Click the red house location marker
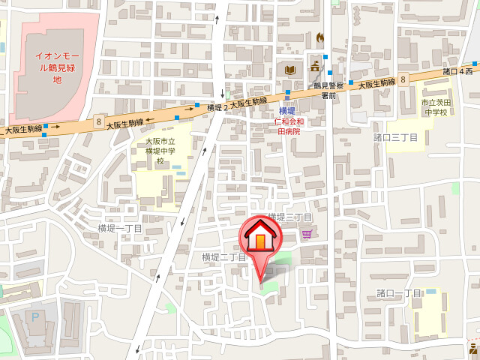259,239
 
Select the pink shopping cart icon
307,235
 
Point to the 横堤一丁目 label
120,228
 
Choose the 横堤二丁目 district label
223,257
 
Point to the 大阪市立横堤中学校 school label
160,151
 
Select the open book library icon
290,70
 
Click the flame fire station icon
321,37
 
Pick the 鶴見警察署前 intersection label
328,90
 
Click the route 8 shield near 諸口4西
403,78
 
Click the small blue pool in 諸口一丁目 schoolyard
431,292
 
